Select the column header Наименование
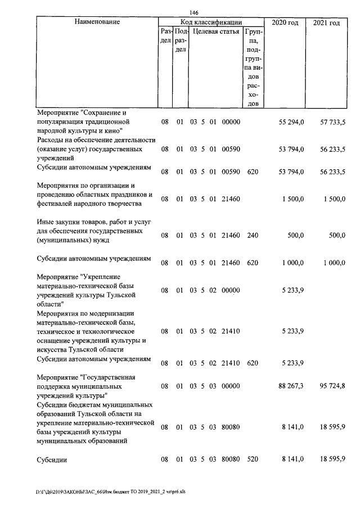coord(96,22)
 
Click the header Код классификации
coord(211,22)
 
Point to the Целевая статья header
coord(215,32)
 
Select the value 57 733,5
coord(332,121)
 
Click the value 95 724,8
coord(332,387)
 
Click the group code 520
coord(252,460)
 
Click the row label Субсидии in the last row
coord(51,460)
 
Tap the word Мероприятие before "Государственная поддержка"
coord(57,377)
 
